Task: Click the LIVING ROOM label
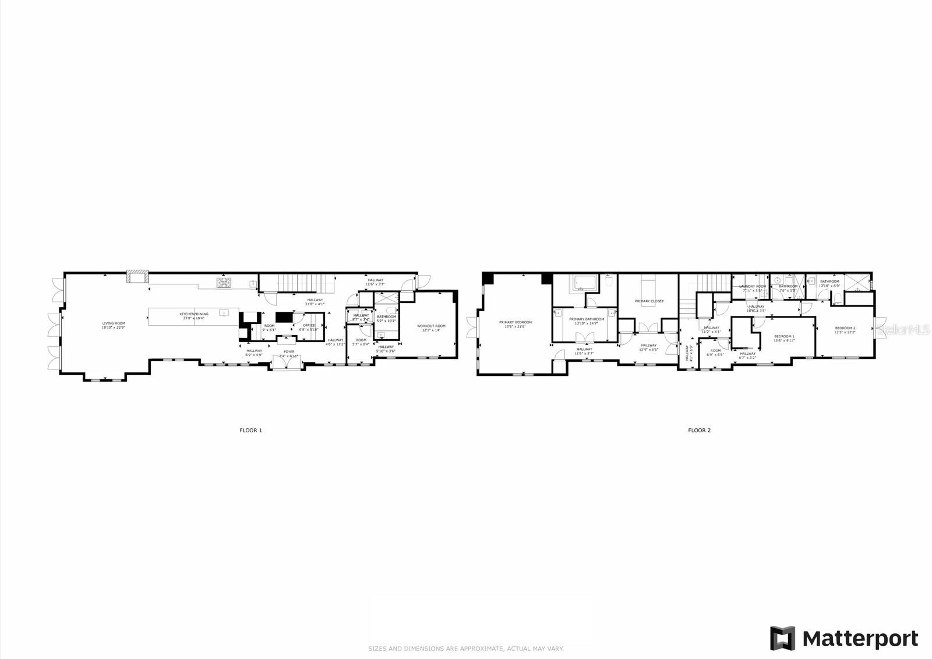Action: [114, 323]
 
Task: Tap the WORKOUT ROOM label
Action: [432, 326]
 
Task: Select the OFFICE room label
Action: [308, 325]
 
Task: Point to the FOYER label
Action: [289, 352]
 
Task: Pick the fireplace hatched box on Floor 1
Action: [138, 276]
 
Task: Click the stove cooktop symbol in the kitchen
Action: [224, 283]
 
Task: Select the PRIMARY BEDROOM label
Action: [515, 322]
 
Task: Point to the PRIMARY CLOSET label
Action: [649, 301]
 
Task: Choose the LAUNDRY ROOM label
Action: [753, 286]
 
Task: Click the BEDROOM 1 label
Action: [784, 336]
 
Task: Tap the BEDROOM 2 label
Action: [845, 328]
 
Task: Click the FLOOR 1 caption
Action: [251, 431]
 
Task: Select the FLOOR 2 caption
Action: [699, 431]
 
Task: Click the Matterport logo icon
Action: [782, 638]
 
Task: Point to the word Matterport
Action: [860, 639]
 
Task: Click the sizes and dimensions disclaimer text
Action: [465, 649]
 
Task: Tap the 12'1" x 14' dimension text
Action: [432, 330]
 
